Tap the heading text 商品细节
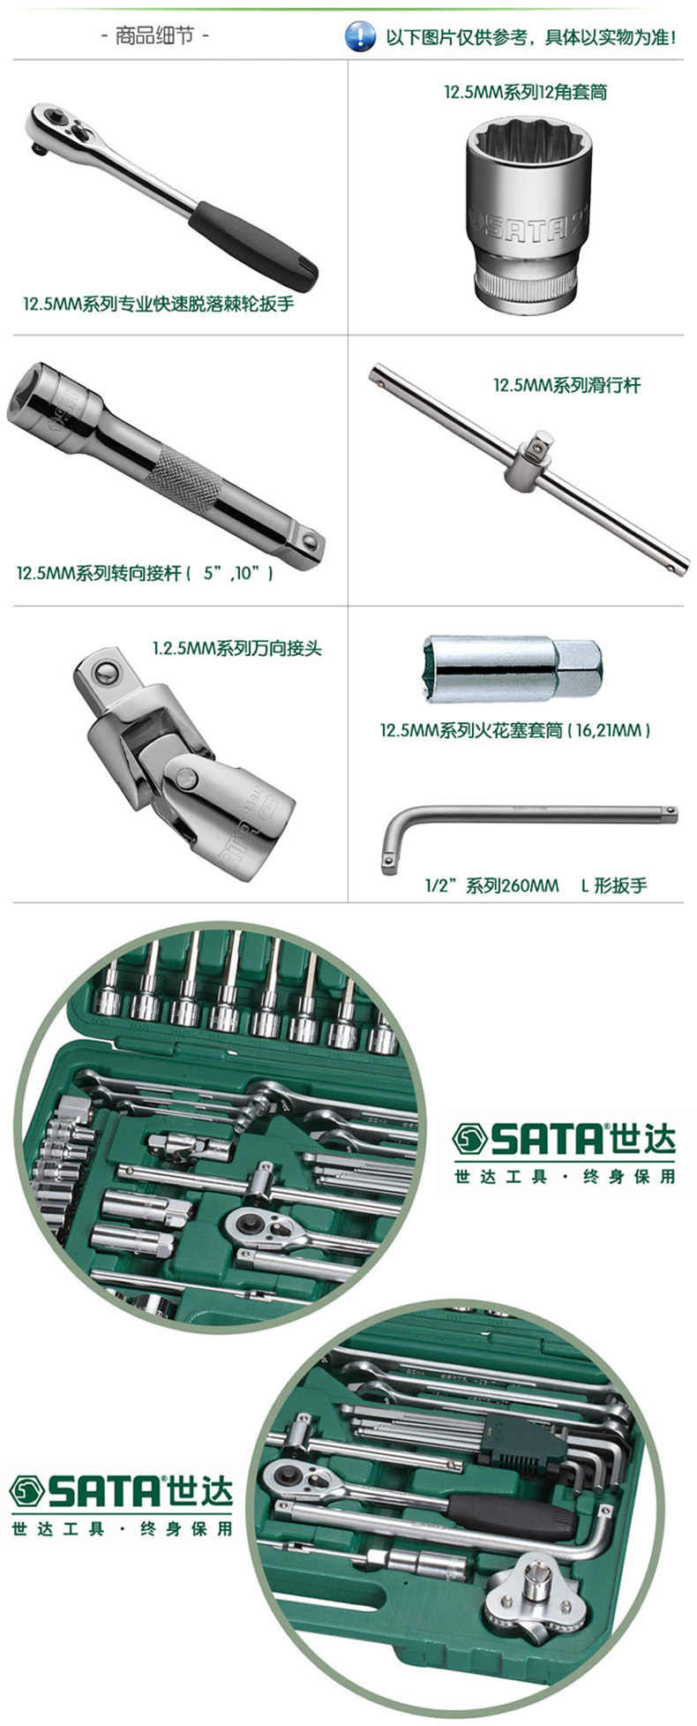click(155, 37)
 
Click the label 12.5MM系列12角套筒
click(525, 92)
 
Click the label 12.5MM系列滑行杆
click(566, 385)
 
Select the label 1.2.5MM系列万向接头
click(236, 648)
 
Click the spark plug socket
click(513, 667)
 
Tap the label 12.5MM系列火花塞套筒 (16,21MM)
click(515, 731)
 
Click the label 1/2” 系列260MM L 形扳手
click(536, 885)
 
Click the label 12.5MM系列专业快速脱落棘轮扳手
click(158, 305)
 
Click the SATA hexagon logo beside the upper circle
click(470, 1140)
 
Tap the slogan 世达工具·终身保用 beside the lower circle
click(122, 1527)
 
